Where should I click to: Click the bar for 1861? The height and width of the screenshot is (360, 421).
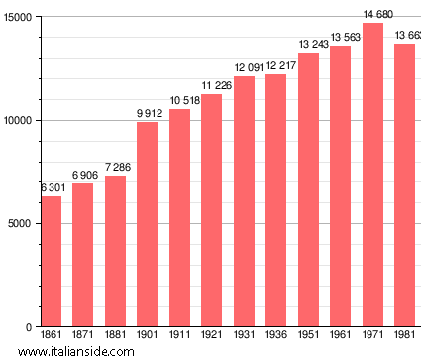pyautogui.click(x=52, y=262)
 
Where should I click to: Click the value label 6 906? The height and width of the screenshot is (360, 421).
pyautogui.click(x=83, y=175)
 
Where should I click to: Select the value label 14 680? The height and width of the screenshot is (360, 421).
pyautogui.click(x=373, y=14)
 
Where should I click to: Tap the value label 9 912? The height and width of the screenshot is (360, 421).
pyautogui.click(x=148, y=113)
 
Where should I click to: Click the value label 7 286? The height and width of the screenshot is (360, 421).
pyautogui.click(x=115, y=167)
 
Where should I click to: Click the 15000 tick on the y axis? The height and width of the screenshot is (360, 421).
pyautogui.click(x=16, y=18)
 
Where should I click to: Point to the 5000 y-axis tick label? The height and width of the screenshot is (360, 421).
pyautogui.click(x=19, y=224)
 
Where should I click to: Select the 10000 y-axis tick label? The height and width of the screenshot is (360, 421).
pyautogui.click(x=16, y=121)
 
